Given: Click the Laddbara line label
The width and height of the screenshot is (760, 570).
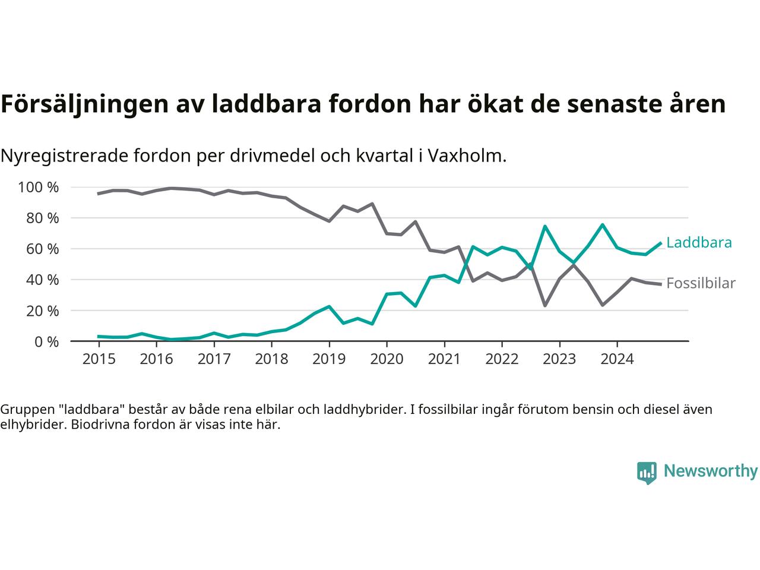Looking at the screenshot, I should pos(699,242).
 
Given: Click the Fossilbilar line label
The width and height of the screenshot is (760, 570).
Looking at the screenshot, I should pos(701,283).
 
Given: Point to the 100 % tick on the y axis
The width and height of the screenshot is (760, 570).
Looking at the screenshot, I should pos(39,188).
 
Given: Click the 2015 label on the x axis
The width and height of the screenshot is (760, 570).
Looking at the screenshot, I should pos(99,359).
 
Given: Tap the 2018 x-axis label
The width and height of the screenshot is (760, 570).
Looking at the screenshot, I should pos(271,359).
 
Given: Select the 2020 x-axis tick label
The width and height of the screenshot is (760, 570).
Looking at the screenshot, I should pos(387,359).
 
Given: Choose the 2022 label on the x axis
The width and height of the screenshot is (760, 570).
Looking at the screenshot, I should pos(502,359).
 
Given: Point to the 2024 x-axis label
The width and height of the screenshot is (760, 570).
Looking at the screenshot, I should pos(617,359).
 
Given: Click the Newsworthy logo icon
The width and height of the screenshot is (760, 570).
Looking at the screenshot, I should pos(647,473).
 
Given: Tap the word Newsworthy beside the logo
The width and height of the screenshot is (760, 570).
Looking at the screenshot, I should pos(710,471).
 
